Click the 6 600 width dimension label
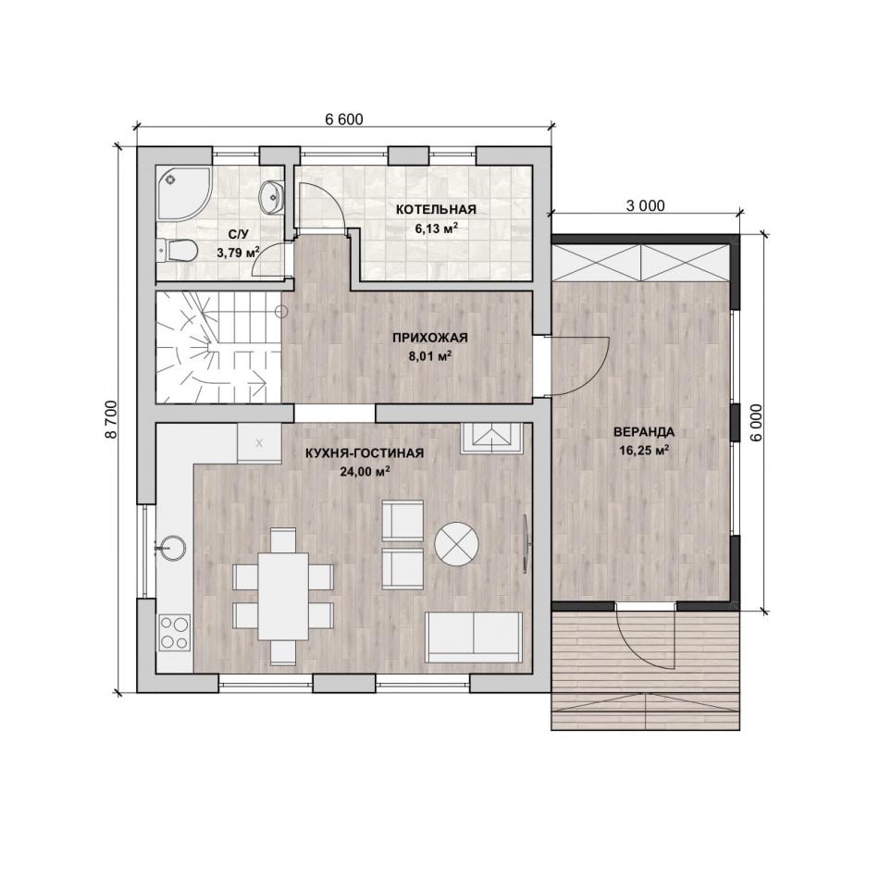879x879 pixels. (x=343, y=118)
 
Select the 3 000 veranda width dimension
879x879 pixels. (x=645, y=205)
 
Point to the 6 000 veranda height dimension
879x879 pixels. (x=758, y=423)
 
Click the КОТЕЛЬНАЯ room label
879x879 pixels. (x=436, y=210)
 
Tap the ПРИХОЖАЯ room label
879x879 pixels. (x=430, y=338)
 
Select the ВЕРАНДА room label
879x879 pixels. (x=644, y=432)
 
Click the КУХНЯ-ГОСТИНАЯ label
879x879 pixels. (x=365, y=453)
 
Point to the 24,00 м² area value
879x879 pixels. (x=365, y=471)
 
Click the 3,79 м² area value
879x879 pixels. (x=238, y=253)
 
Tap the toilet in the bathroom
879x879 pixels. (x=177, y=251)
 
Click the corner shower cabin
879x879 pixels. (x=183, y=192)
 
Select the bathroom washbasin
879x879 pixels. (x=272, y=197)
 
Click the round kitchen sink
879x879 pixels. (x=170, y=547)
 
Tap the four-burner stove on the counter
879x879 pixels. (x=175, y=633)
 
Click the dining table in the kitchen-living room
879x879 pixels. (x=283, y=597)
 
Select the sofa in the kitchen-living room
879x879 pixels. (x=474, y=638)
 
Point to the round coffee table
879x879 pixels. (x=456, y=544)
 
